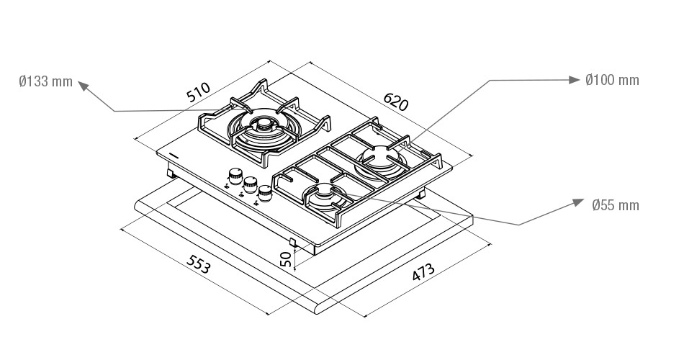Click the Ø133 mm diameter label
coord(46,81)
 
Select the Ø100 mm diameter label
coord(613,80)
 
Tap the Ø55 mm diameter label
coord(616,205)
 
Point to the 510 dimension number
coord(199,92)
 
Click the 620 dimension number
coord(396,102)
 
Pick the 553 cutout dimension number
coord(199,264)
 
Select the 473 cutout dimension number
coord(423,272)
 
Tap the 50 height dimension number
coord(285,258)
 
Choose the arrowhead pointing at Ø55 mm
coord(578,203)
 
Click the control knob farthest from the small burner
coord(235,176)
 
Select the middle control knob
coord(250,185)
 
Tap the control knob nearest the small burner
coord(265,194)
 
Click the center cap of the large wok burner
coord(264,125)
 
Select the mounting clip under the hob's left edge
coord(171,173)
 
